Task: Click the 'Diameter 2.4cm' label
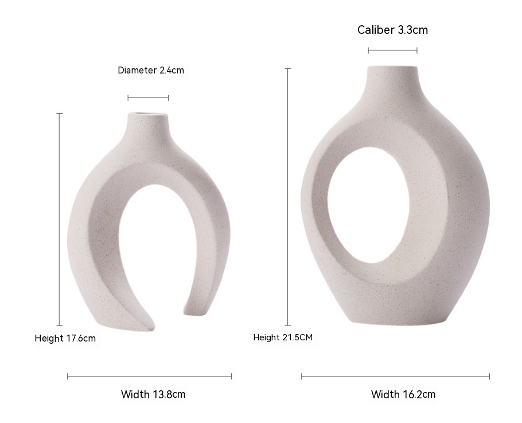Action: pos(151,70)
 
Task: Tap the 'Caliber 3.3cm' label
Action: pos(392,30)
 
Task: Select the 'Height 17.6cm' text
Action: pos(65,339)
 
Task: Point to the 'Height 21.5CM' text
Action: pos(283,337)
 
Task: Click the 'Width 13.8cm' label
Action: pos(153,394)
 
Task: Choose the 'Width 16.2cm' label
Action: pos(403,394)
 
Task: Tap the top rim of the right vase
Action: pos(392,67)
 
